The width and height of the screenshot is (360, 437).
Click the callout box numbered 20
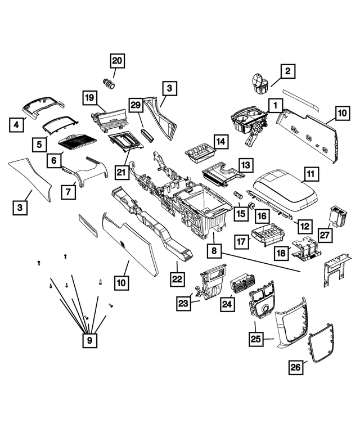pos(118,60)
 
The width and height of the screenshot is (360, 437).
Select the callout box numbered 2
pos(287,71)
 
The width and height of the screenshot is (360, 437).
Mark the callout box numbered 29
pos(135,105)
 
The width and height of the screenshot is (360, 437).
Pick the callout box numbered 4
pos(17,124)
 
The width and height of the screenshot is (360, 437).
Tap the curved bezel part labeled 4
pos(42,105)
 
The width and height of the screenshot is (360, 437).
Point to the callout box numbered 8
pos(214,249)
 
